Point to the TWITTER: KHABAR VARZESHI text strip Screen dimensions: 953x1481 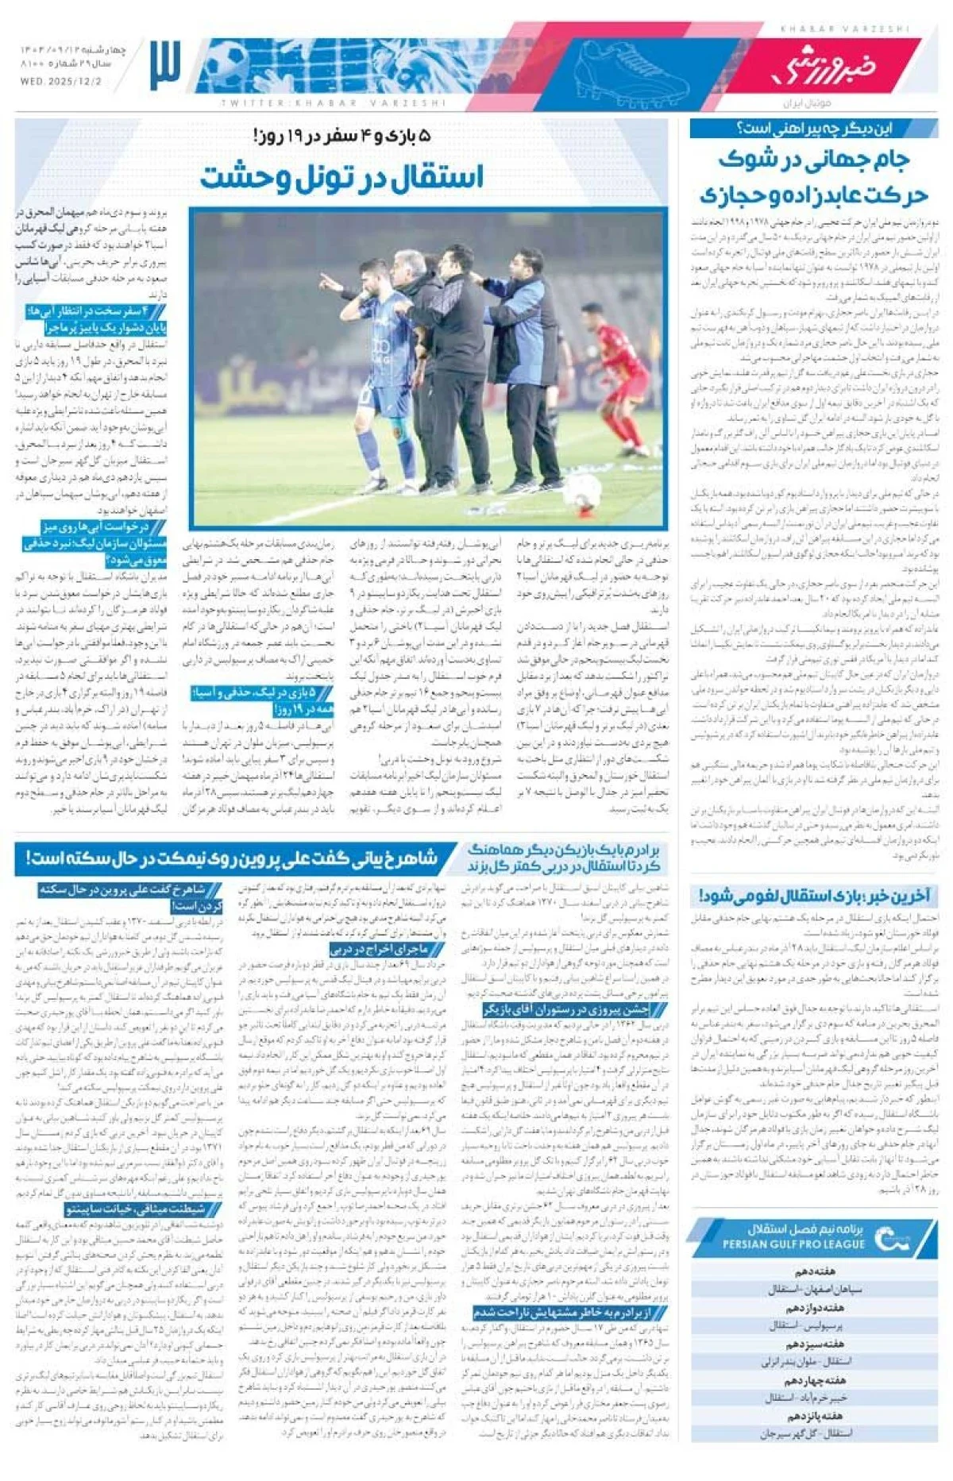click(x=334, y=102)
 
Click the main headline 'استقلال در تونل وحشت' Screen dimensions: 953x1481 click(x=341, y=176)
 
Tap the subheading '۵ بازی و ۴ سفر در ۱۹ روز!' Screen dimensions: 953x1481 click(x=341, y=136)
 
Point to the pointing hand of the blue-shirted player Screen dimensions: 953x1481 click(x=326, y=281)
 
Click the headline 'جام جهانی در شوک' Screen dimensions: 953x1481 click(x=814, y=159)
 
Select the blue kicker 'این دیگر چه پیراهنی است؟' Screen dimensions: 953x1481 click(x=814, y=128)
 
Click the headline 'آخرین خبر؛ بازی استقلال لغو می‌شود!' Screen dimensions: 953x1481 click(x=814, y=896)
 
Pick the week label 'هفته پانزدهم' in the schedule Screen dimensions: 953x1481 click(x=814, y=1415)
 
